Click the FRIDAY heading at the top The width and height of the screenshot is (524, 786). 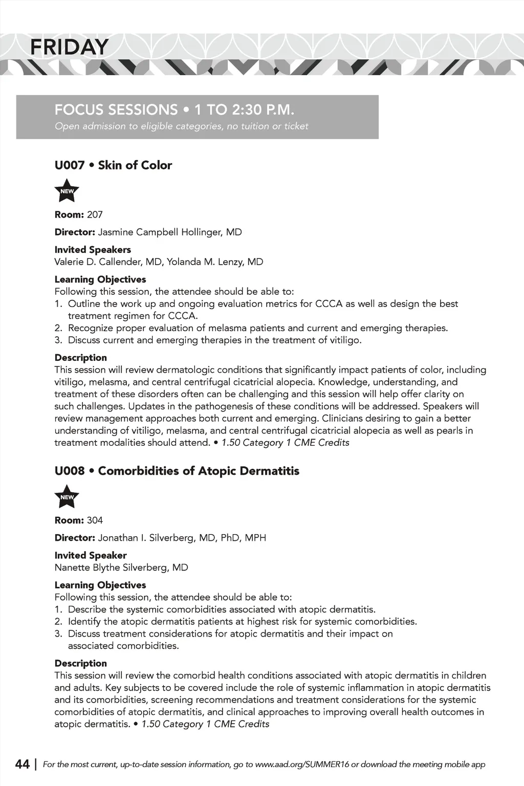69,48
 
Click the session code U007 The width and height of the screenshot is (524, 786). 69,165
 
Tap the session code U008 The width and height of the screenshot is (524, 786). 69,471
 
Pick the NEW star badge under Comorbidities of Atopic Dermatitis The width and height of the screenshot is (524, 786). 67,497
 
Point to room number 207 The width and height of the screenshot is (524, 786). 95,215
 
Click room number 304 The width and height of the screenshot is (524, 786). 95,520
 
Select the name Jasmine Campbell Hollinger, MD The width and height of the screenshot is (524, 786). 169,232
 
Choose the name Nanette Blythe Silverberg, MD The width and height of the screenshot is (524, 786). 121,567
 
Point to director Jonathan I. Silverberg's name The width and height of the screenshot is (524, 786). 182,538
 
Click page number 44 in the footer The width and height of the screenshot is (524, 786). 23,765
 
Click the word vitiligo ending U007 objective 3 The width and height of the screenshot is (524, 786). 344,340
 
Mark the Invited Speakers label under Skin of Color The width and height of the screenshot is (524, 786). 93,250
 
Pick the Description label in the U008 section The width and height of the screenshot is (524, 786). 81,663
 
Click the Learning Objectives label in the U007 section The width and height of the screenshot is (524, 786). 100,279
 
